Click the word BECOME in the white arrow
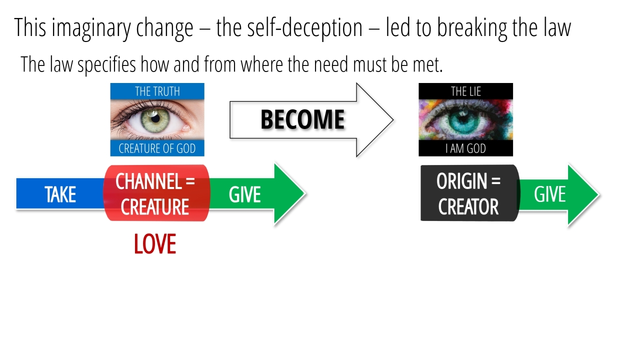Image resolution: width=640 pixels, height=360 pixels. click(x=302, y=119)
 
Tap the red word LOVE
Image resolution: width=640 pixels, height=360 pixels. click(x=155, y=244)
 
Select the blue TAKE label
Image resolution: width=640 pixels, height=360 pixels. click(x=60, y=194)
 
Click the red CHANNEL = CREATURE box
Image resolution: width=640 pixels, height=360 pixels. click(x=155, y=193)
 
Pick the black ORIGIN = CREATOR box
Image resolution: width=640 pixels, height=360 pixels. click(x=468, y=193)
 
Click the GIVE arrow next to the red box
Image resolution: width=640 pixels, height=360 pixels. click(x=250, y=194)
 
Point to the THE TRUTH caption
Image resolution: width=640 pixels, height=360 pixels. click(x=157, y=91)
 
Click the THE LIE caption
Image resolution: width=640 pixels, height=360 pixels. click(x=465, y=91)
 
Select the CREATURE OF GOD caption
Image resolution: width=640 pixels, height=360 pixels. click(x=157, y=148)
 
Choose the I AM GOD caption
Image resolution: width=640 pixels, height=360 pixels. click(x=465, y=148)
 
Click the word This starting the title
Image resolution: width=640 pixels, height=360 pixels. click(x=30, y=28)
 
